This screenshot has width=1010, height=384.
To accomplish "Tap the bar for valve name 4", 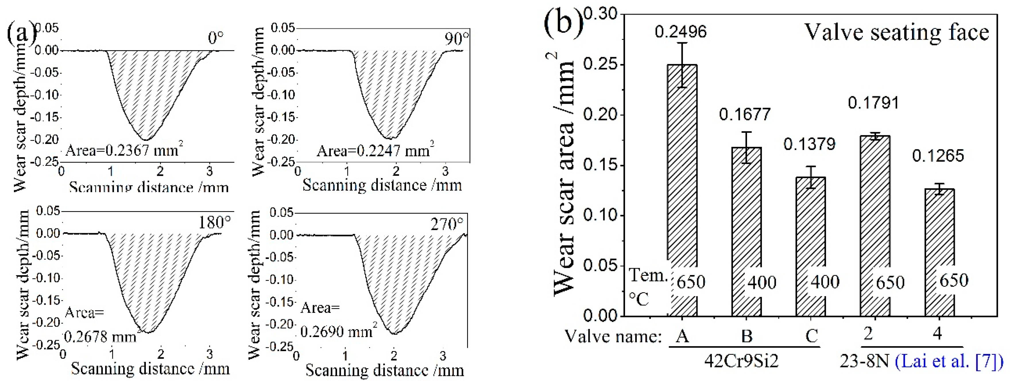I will pos(940,251).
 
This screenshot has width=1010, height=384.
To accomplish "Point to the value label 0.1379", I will pos(809,145).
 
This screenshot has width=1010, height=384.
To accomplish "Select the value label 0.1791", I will pos(874,103).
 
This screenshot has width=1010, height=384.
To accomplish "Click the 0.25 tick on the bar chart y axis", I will pos(600,65).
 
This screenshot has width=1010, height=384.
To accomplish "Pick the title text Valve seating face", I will pos(897,32).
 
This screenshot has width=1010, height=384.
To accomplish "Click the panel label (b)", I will pos(563,24).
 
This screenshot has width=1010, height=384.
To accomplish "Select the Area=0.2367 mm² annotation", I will pos(124,150).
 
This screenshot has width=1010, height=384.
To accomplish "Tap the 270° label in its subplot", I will pos(447,225).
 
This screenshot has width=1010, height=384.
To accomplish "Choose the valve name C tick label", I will pos(811,336).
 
